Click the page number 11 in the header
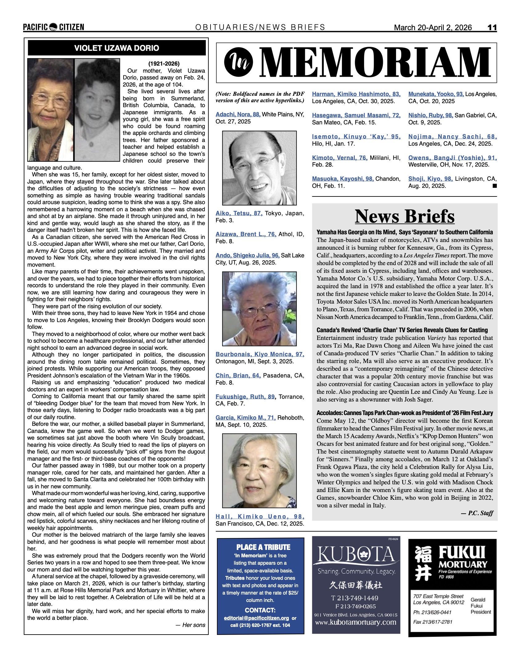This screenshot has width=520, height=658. tap(492, 27)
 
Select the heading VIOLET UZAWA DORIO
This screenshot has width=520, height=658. tap(117, 48)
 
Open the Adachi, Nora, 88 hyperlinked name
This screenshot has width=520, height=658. tap(238, 115)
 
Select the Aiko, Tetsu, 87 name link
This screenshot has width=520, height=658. tap(239, 213)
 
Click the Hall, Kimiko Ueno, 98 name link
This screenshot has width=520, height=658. tap(260, 517)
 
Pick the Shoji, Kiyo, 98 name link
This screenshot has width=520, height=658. tap(430, 179)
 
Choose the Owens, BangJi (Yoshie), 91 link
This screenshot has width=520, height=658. tap(452, 158)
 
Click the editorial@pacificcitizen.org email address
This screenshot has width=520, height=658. tap(256, 618)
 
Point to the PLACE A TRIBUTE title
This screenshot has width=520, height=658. tap(263, 547)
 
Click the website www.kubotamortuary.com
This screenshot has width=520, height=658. tap(355, 622)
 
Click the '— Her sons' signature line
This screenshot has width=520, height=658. tap(190, 625)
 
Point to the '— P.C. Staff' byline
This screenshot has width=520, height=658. tap(477, 513)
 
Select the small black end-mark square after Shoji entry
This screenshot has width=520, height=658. tap(494, 186)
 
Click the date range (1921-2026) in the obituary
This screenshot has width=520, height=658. tap(164, 64)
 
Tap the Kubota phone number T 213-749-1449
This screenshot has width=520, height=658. tap(355, 598)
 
